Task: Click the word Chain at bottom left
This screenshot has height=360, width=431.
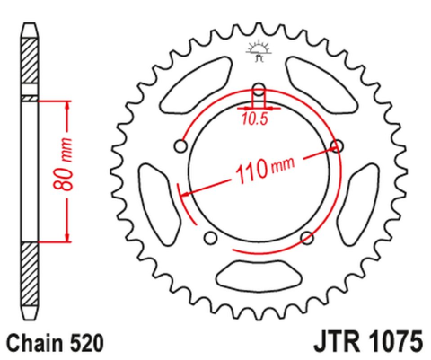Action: (x=34, y=342)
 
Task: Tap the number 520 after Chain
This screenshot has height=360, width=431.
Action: (x=90, y=342)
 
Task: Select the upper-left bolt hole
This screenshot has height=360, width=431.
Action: (x=182, y=145)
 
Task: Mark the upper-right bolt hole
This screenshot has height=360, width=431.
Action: (x=338, y=145)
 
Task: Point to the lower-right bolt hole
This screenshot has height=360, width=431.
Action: (x=306, y=237)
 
